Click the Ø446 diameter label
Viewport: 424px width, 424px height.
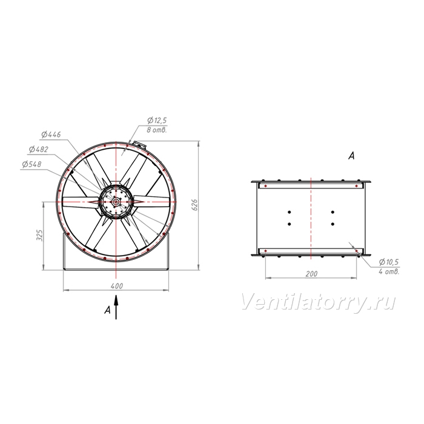click(x=51, y=134)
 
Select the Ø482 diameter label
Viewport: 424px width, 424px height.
click(x=39, y=149)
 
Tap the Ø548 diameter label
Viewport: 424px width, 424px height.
click(x=31, y=164)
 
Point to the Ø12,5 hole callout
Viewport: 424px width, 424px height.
click(x=157, y=120)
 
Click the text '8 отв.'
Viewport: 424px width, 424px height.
click(x=157, y=130)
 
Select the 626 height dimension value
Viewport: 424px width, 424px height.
click(x=195, y=205)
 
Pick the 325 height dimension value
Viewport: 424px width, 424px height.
click(x=39, y=235)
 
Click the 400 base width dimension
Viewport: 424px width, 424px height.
click(x=117, y=286)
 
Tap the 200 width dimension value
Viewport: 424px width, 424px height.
click(x=311, y=274)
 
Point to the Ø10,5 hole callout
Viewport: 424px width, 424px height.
click(x=389, y=262)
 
